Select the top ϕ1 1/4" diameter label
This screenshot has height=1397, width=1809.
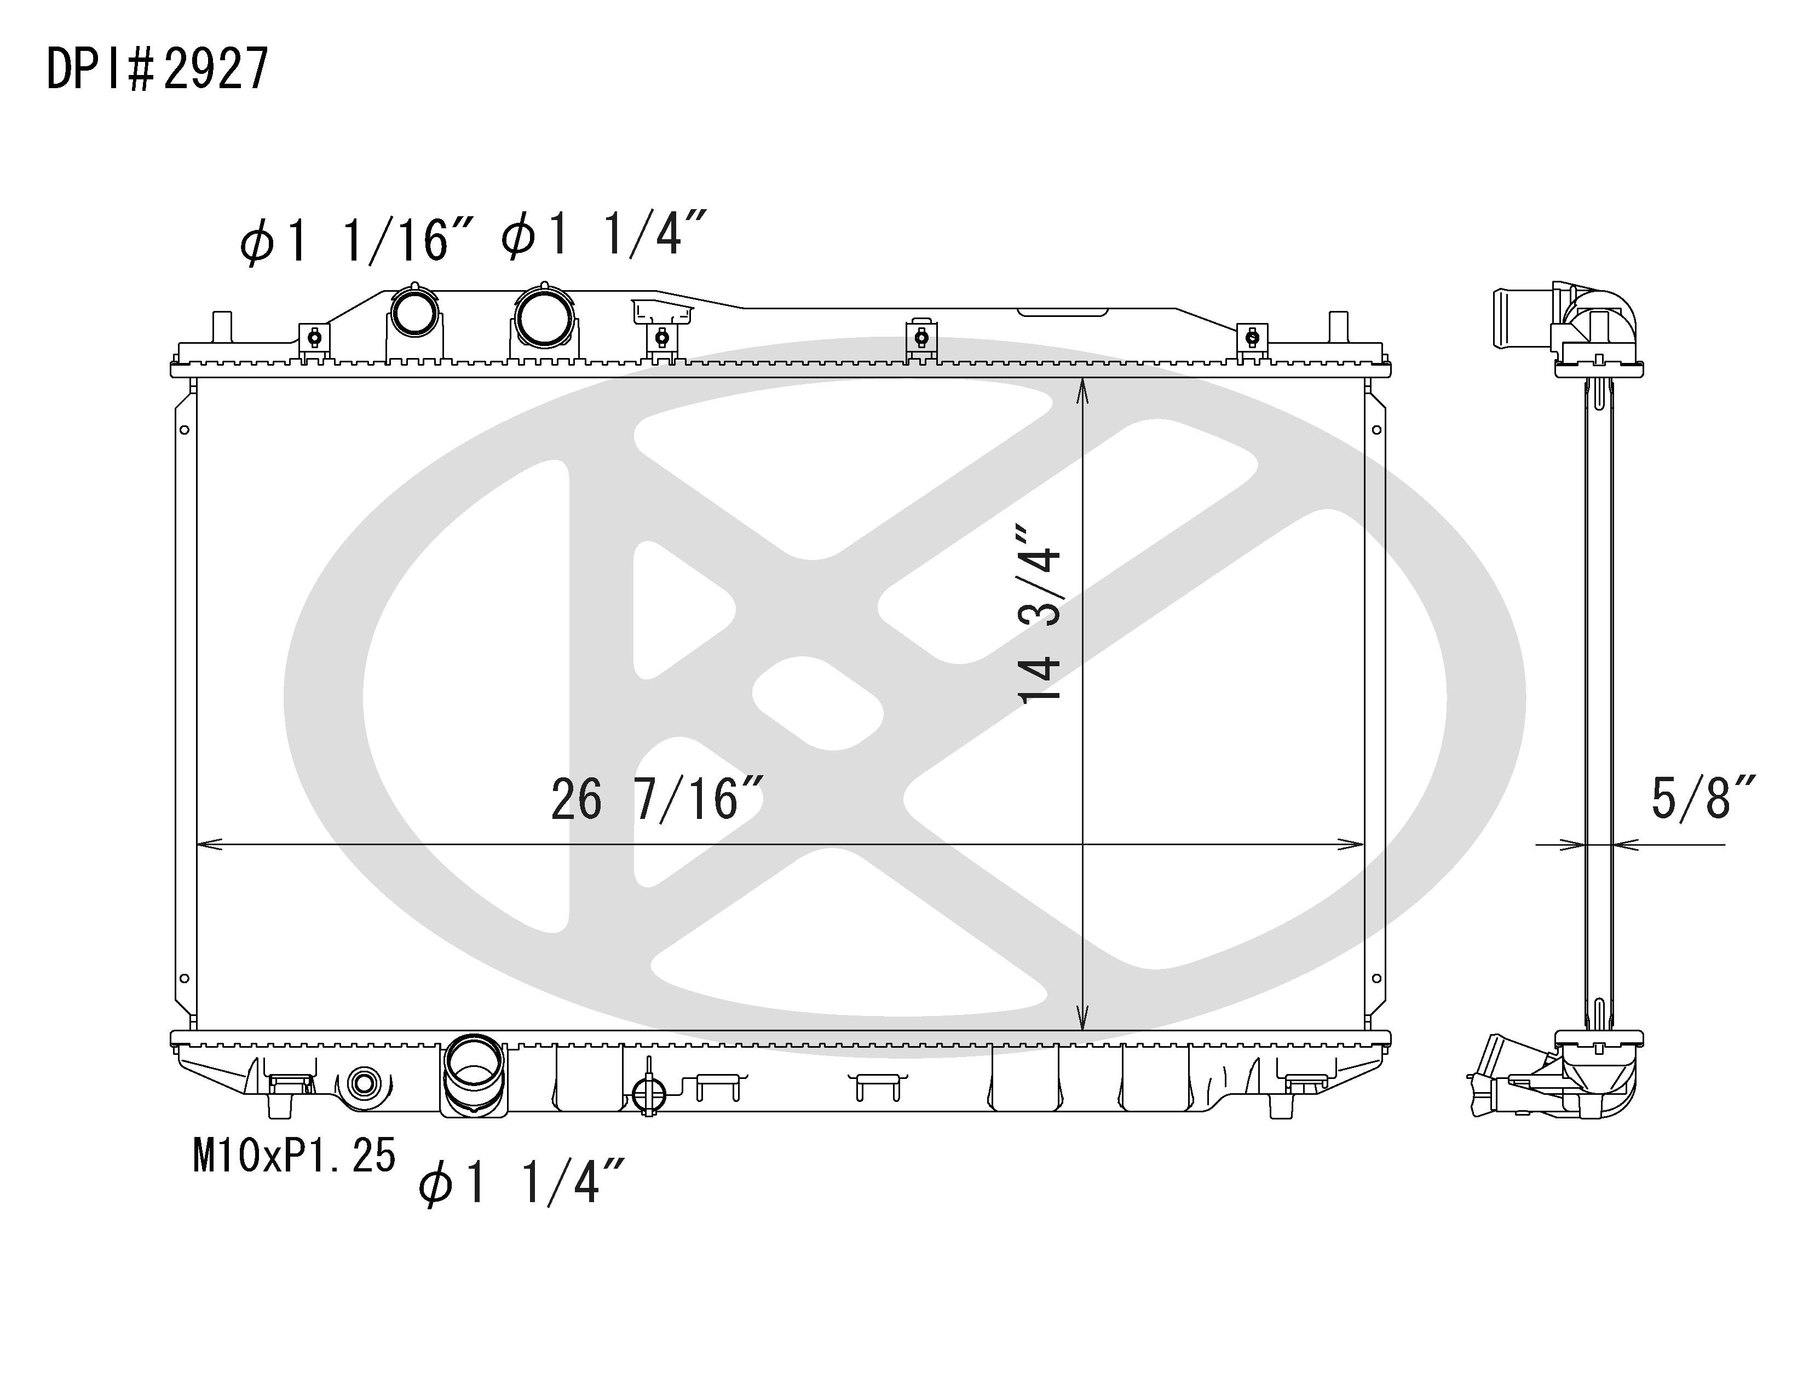(x=604, y=234)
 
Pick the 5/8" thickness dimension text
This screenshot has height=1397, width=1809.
(x=1703, y=798)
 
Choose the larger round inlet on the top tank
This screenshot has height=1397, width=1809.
(x=543, y=315)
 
